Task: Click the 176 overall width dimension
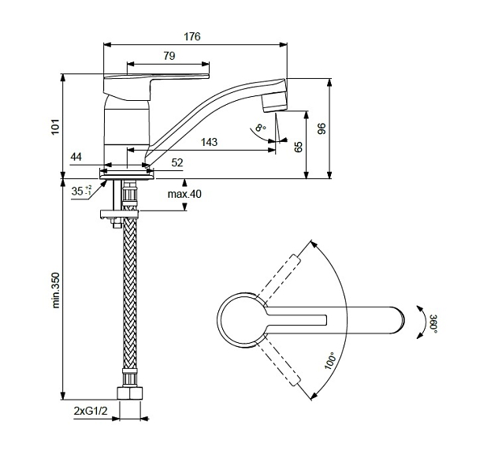192,37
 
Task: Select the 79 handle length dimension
169,56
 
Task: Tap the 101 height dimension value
55,126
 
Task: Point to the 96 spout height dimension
322,128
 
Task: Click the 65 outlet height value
298,147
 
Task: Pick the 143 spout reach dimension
209,143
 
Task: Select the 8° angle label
260,128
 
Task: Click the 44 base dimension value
76,157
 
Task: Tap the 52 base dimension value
177,162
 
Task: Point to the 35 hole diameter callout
81,191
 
